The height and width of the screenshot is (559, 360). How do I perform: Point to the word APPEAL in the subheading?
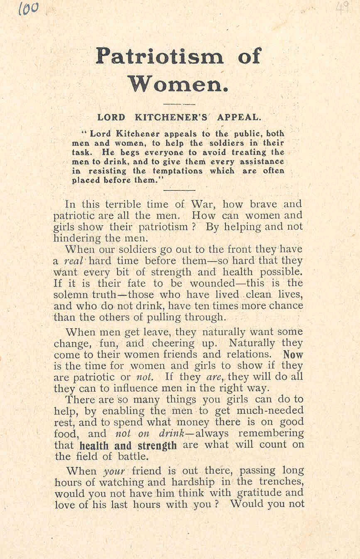(242, 117)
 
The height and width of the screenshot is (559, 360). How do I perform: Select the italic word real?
(75, 261)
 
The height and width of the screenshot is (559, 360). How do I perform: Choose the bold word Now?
(293, 355)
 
